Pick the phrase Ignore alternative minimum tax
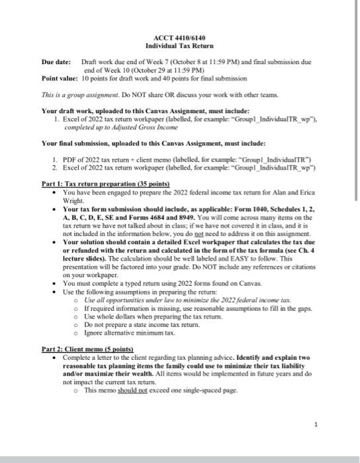(x=126, y=335)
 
